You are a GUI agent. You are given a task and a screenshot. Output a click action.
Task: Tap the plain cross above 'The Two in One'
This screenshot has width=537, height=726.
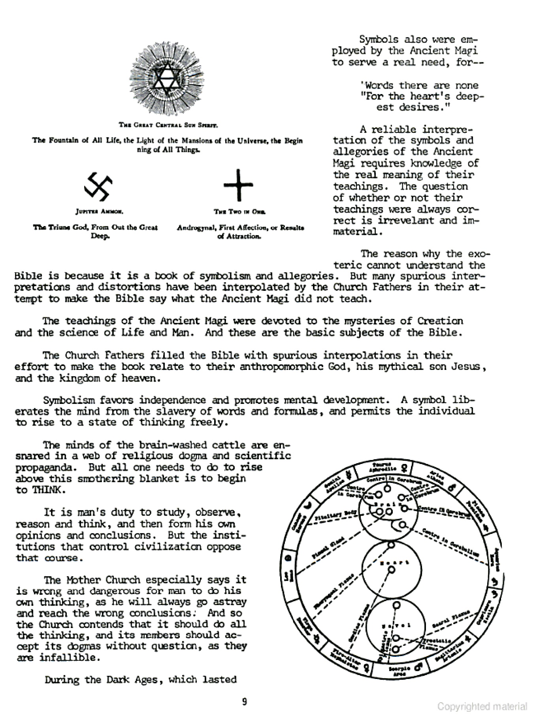pos(238,185)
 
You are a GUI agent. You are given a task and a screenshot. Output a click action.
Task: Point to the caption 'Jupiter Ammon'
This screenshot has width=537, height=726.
pos(100,211)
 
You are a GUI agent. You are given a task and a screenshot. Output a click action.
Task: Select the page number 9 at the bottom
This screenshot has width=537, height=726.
pos(245,702)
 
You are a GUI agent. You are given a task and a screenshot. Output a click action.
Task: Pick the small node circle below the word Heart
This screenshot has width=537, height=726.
pos(392,570)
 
